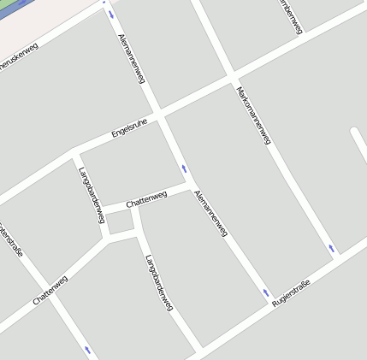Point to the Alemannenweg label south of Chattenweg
211,213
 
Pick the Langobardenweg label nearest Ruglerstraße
159,281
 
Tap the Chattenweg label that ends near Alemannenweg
146,200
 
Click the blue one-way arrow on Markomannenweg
333,248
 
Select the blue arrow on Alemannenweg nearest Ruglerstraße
266,293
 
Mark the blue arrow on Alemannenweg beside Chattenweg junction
183,168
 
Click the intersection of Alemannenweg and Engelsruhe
159,114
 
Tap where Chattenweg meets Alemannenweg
190,184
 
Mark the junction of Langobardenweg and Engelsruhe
75,155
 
